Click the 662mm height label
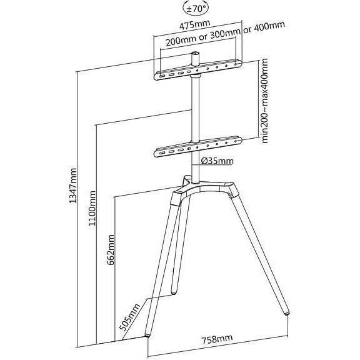point(112,251)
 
